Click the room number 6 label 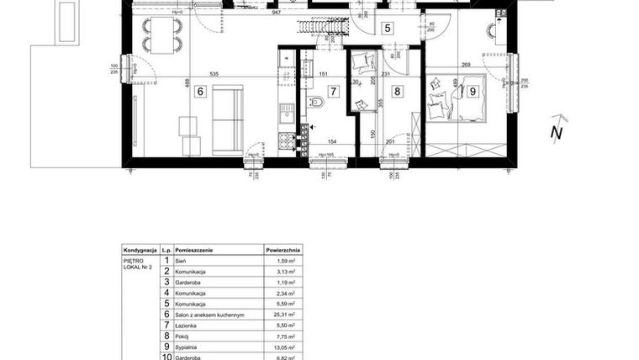200,92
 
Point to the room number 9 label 473,91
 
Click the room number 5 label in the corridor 387,28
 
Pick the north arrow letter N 555,132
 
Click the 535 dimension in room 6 214,74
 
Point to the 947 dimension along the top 276,13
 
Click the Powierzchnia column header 283,251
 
